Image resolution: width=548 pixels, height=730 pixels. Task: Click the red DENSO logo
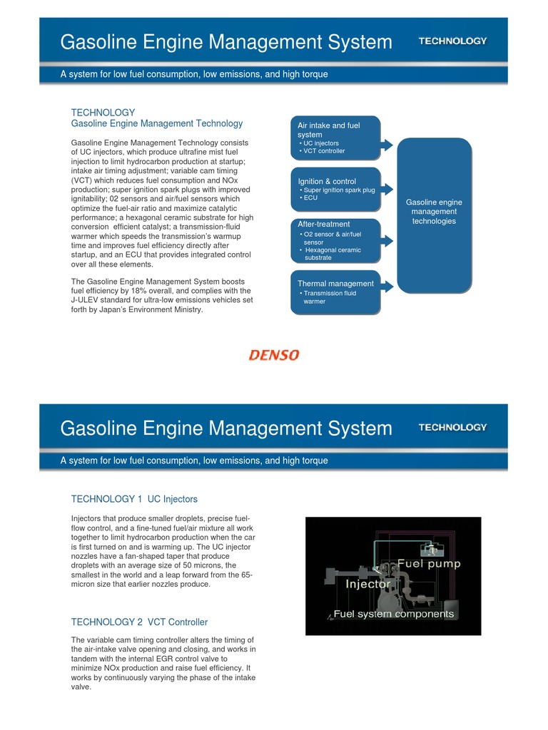click(274, 354)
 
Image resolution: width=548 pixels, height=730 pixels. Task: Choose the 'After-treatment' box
click(335, 240)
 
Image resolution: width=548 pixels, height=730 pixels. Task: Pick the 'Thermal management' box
click(335, 292)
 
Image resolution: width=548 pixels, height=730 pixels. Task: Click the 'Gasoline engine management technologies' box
click(434, 214)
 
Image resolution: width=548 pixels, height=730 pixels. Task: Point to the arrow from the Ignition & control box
click(387, 189)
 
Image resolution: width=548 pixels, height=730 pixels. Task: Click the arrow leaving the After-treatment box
click(387, 240)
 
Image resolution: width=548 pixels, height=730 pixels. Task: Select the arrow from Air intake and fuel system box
click(387, 145)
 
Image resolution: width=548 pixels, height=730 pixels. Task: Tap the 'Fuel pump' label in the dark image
click(429, 563)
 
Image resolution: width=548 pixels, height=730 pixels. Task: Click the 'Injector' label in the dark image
click(368, 584)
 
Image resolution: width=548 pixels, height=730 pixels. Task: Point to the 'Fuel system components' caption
click(394, 613)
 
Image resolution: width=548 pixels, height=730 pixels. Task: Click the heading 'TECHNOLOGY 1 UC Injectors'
click(134, 498)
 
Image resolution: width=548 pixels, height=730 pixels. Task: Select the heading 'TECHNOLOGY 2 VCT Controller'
click(139, 622)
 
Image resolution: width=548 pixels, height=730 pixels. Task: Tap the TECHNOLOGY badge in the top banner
click(452, 41)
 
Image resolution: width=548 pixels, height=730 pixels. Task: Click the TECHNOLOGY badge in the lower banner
click(452, 427)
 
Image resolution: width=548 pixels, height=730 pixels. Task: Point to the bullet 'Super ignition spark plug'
click(339, 190)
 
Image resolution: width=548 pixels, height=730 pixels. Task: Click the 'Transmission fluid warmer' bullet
click(330, 297)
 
